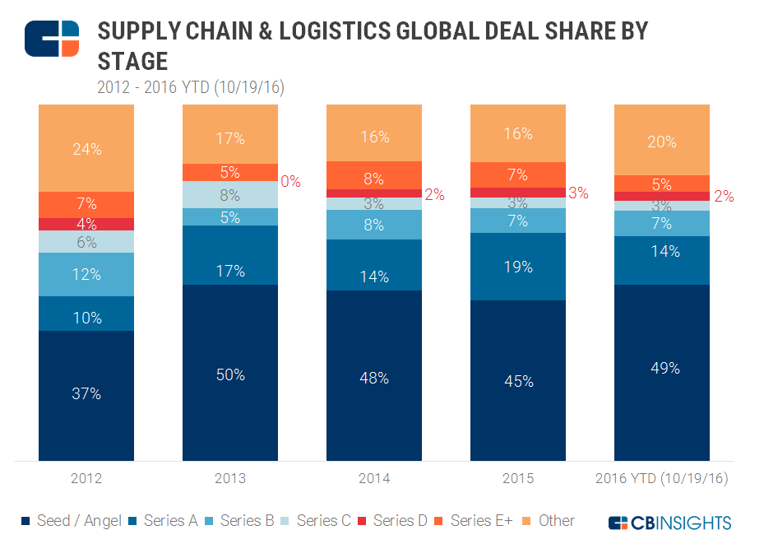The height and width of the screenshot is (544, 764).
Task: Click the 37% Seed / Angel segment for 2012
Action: tap(86, 395)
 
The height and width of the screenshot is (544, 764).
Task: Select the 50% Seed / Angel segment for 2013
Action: tap(230, 374)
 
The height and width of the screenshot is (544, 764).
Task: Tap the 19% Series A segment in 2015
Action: tap(518, 267)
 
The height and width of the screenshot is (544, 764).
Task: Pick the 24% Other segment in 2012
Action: tap(86, 149)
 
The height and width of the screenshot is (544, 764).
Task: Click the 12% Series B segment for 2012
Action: tap(86, 274)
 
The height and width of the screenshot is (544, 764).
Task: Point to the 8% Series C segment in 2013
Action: tap(230, 195)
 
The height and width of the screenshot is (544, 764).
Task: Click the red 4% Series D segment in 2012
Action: tap(86, 224)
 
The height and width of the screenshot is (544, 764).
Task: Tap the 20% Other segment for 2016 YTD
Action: tap(661, 141)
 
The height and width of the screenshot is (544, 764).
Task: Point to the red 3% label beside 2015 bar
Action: tap(578, 193)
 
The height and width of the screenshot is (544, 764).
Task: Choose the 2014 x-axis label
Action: tap(374, 478)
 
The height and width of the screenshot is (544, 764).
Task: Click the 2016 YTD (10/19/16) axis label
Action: tap(661, 478)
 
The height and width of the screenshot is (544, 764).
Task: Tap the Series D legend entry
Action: tap(392, 520)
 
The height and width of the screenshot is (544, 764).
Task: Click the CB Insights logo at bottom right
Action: tap(669, 522)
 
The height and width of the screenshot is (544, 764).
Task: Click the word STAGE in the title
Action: tap(132, 62)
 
